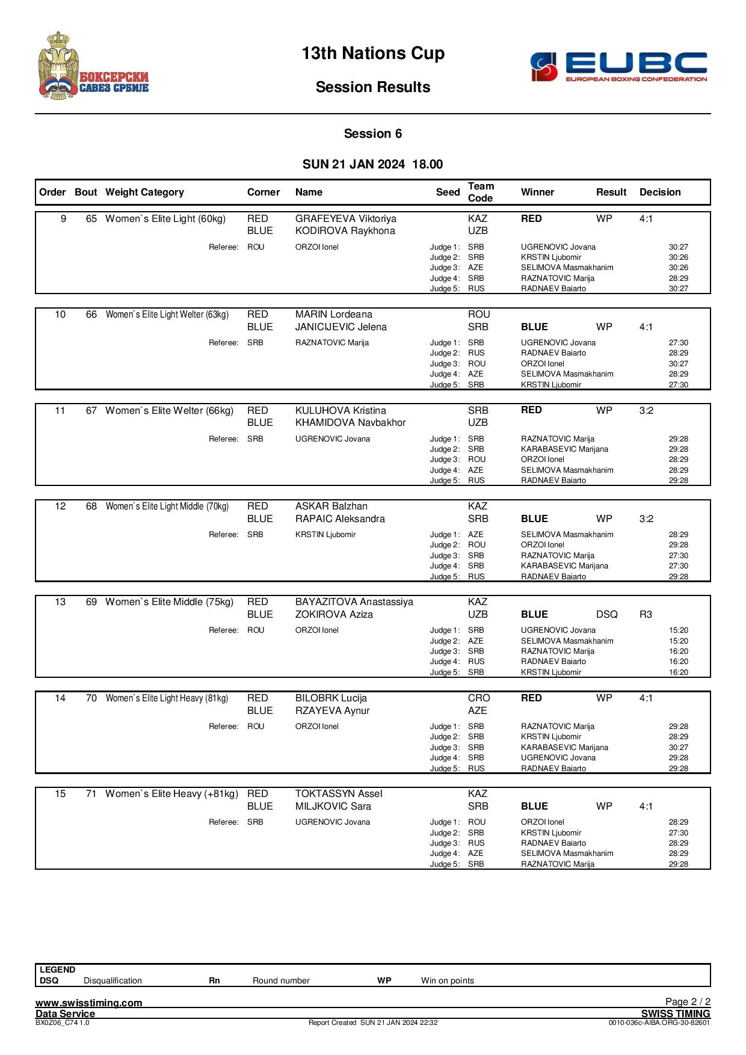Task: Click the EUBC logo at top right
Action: pos(618,67)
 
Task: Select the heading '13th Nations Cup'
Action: pos(373,54)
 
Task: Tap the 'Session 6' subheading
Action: pos(373,134)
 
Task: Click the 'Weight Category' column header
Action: pos(144,192)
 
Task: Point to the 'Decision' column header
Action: pos(660,192)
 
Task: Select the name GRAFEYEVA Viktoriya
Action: pos(346,219)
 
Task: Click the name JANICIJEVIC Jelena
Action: pos(341,327)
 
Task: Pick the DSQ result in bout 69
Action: pos(606,615)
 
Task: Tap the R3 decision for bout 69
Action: pos(646,615)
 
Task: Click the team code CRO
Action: pos(479,698)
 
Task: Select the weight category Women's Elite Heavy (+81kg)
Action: pos(171,794)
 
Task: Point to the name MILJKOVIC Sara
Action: pos(333,807)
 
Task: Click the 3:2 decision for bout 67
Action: pos(646,411)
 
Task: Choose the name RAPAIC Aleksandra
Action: pos(340,519)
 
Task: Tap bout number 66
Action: pos(91,315)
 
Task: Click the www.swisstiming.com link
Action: pos(89,1003)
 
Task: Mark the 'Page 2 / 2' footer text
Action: pos(688,1001)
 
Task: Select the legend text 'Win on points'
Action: pos(448,980)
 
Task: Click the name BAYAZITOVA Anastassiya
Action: pos(354,602)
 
